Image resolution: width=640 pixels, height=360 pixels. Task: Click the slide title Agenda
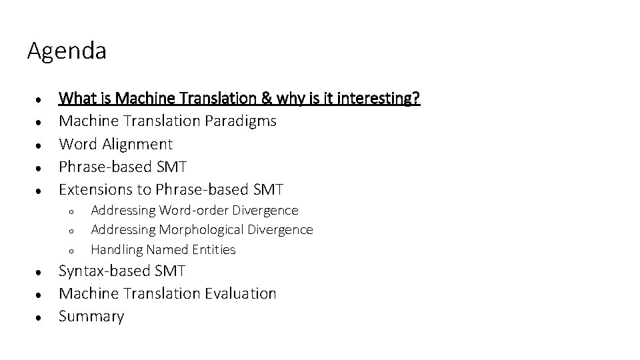67,51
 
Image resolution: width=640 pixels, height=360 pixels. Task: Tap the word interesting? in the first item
379,99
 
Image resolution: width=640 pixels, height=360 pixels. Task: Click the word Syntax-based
104,271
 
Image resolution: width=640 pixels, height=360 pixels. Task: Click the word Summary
91,317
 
